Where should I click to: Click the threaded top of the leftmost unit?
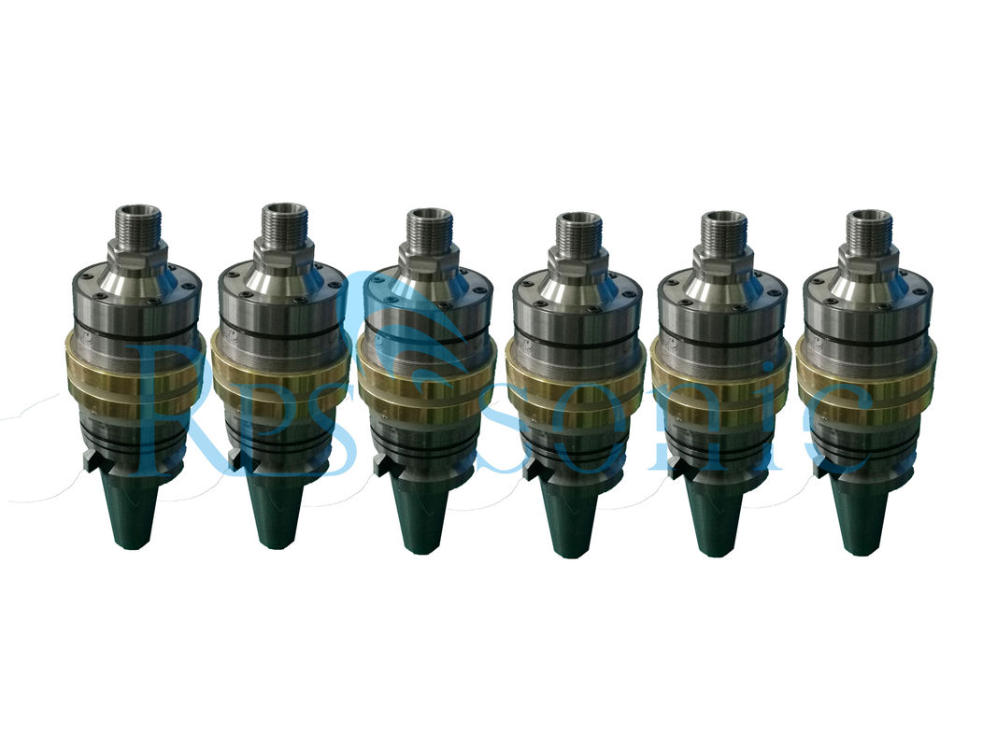coord(136,222)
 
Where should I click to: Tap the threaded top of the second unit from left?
coord(285,221)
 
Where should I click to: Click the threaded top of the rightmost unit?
coord(869,228)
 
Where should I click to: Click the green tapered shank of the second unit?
coord(280,512)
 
